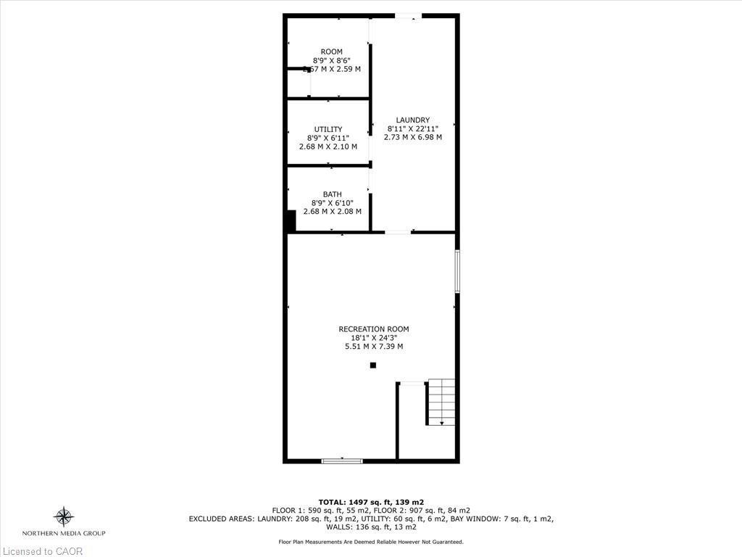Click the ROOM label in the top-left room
coord(331,51)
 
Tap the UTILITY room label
coord(328,129)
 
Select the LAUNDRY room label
coord(412,120)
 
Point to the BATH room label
coord(332,194)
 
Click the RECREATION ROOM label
coord(374,329)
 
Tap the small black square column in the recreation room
coord(373,366)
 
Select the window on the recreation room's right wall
coord(457,272)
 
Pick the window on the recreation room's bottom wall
coord(342,461)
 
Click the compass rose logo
coord(64,517)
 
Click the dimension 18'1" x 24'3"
coord(374,337)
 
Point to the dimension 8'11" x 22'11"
coord(412,128)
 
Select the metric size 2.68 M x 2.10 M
coord(328,147)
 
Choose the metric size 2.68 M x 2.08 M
coord(332,211)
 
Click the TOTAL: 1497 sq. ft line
coord(371,502)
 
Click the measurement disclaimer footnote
coord(371,542)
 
